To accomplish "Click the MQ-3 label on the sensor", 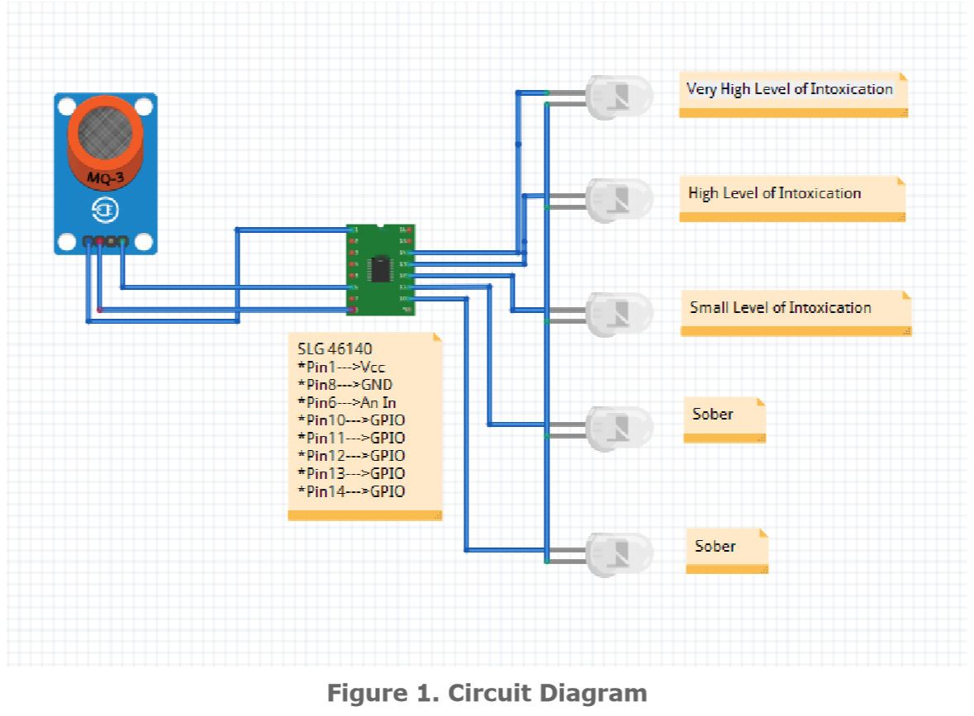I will (x=105, y=176).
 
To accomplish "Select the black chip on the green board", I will (x=380, y=268).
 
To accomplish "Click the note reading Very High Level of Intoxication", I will (x=790, y=89).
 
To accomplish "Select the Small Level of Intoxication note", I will (x=781, y=308).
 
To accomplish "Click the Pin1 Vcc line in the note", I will (x=341, y=367).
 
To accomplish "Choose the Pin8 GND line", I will (x=344, y=385).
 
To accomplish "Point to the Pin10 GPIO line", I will (x=351, y=420).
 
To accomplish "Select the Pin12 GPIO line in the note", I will (x=351, y=456).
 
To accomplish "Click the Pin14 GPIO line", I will (x=351, y=491).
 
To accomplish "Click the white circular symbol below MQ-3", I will (x=105, y=212).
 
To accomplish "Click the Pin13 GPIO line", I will (x=351, y=473).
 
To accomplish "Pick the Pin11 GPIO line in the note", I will (x=351, y=438).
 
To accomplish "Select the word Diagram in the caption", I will (x=594, y=694).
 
